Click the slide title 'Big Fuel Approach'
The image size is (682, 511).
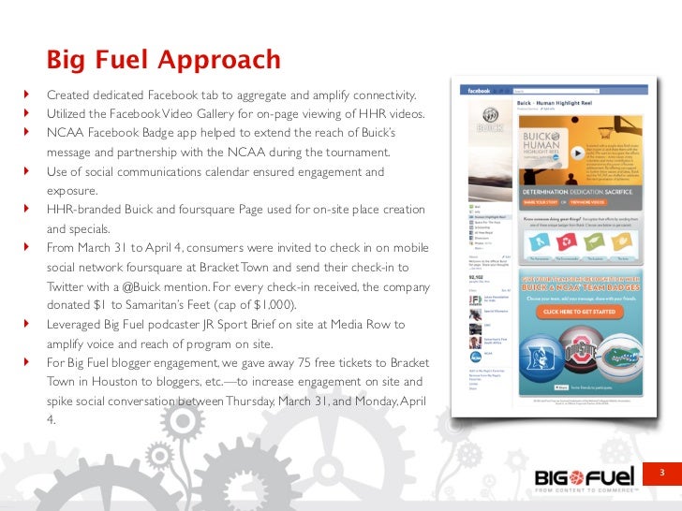(x=164, y=61)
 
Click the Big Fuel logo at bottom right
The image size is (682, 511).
(x=585, y=478)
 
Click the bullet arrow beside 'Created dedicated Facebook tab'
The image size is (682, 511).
(x=28, y=95)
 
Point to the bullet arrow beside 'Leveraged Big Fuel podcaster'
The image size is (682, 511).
(x=28, y=325)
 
